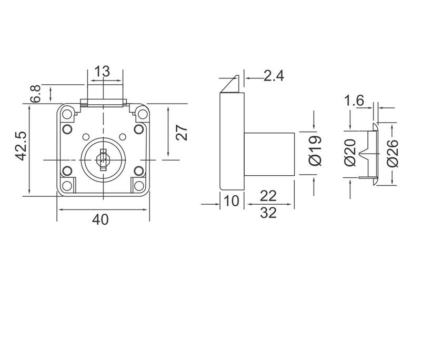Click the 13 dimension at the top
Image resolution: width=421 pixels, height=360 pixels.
pyautogui.click(x=103, y=71)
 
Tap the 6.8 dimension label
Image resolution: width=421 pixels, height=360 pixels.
pyautogui.click(x=36, y=93)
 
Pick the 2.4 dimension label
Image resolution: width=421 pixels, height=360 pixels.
pyautogui.click(x=273, y=76)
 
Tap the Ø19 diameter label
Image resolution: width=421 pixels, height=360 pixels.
pyautogui.click(x=314, y=151)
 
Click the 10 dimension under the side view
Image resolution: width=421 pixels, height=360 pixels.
pyautogui.click(x=232, y=199)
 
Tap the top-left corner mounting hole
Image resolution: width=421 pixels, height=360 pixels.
pyautogui.click(x=67, y=112)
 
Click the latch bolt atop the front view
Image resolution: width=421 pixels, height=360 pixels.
pyautogui.click(x=103, y=101)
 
